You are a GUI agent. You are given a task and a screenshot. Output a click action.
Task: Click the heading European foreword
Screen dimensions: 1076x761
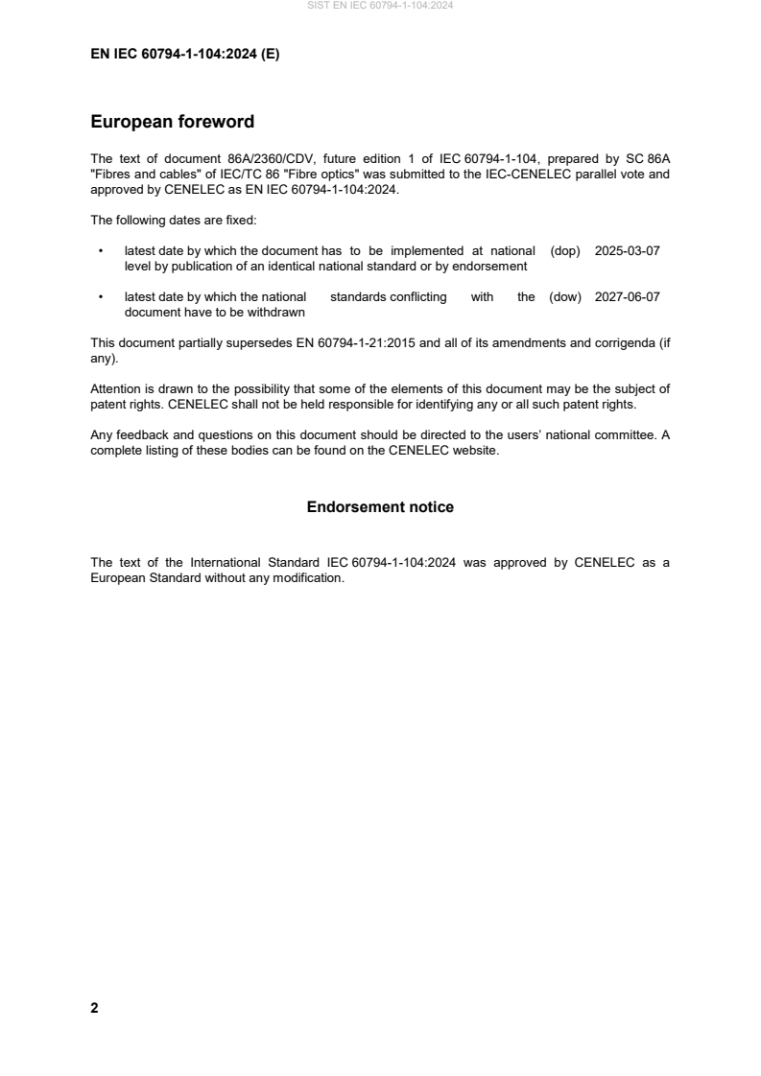point(172,122)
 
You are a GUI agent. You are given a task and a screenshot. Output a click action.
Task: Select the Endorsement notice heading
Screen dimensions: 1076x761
point(380,506)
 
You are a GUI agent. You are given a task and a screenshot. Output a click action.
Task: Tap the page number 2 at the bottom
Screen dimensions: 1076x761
point(94,1008)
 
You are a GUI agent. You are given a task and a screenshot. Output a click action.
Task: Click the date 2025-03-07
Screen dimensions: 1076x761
point(627,250)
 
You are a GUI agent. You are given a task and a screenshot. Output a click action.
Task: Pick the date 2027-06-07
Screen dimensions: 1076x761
point(627,297)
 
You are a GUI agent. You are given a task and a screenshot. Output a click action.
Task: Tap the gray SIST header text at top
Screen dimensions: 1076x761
point(380,6)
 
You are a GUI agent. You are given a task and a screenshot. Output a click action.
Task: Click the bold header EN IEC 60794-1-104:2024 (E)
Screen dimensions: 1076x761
point(185,55)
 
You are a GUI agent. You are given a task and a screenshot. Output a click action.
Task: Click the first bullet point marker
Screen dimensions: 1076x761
point(101,250)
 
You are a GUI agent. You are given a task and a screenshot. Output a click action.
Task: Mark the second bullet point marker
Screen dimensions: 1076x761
point(101,297)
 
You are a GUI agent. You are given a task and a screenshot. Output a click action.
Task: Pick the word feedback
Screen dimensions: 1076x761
point(141,434)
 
